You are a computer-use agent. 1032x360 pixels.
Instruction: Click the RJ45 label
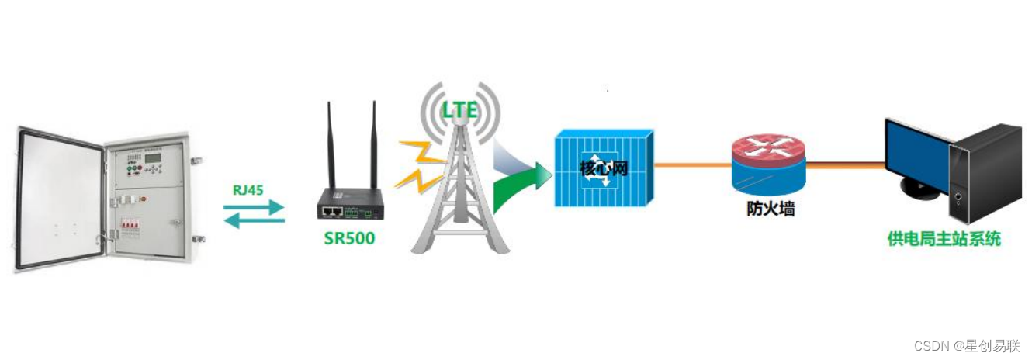coord(249,189)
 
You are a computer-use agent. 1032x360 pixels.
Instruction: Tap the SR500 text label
coord(349,238)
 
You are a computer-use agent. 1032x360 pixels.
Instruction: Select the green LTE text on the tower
coord(459,110)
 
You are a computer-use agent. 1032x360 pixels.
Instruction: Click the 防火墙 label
coord(771,209)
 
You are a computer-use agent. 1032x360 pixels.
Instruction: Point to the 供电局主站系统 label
coord(944,239)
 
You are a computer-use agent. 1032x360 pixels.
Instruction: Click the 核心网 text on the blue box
coord(604,169)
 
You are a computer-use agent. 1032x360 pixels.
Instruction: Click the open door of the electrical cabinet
coord(59,198)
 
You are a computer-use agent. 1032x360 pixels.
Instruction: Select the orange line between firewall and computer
coord(846,165)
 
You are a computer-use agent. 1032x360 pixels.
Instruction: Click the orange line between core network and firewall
coord(691,165)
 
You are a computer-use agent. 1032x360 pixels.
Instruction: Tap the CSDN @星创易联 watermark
coord(966,346)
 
